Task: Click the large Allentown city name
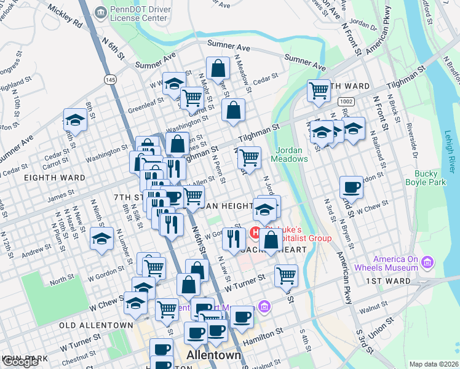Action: point(213,356)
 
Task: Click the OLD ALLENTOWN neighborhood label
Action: point(95,325)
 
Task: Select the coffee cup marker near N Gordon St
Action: point(351,187)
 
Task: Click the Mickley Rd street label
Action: point(64,18)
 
